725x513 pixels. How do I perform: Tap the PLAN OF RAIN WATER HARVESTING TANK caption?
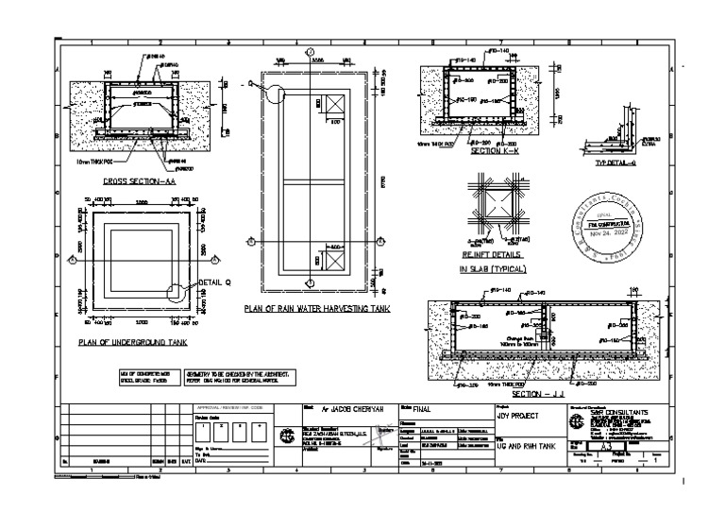click(318, 309)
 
